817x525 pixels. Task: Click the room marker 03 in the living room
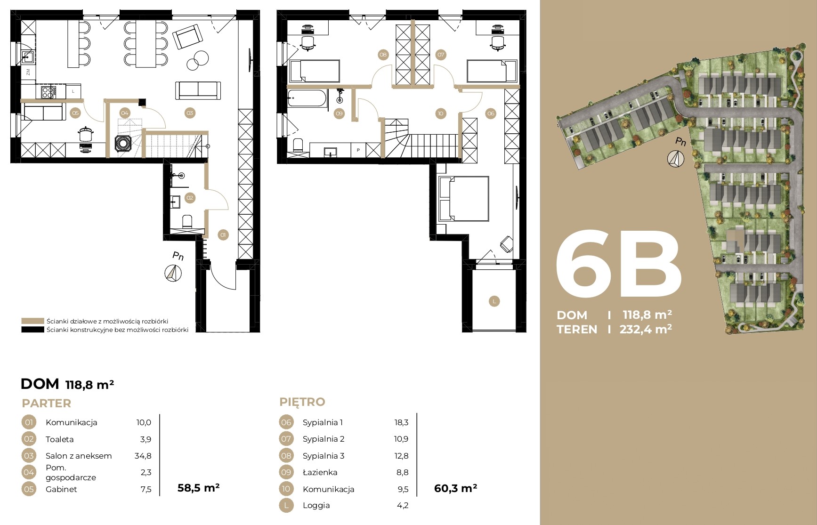point(190,113)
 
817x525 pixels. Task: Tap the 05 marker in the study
point(75,113)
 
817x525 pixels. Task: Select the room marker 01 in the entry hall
point(223,234)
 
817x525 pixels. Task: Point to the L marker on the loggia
point(494,301)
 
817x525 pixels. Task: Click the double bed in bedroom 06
point(463,199)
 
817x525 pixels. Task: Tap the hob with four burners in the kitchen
point(48,92)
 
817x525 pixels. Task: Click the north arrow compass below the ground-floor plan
point(173,273)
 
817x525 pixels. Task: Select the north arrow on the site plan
point(676,158)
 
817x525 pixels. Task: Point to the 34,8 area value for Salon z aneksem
point(143,456)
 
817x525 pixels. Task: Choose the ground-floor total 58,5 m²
point(198,488)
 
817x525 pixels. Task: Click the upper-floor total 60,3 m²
point(455,488)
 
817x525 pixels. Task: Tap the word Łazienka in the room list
point(320,472)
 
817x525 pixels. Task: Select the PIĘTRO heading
point(302,402)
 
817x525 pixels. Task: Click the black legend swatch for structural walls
point(32,330)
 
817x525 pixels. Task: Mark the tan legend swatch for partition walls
point(32,321)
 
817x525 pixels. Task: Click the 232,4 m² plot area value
point(646,329)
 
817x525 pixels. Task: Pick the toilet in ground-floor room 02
point(187,221)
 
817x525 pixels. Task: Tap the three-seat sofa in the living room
point(198,90)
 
